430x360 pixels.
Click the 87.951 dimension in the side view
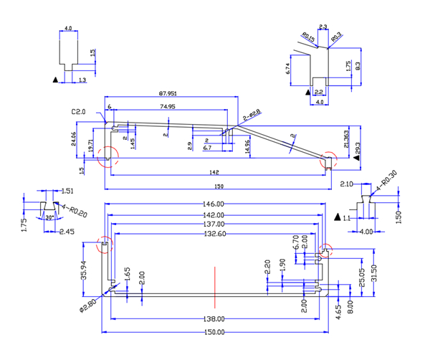pyautogui.click(x=168, y=94)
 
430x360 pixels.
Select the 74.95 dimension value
pyautogui.click(x=168, y=106)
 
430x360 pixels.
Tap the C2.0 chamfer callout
pyautogui.click(x=78, y=113)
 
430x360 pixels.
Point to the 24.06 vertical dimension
pyautogui.click(x=74, y=140)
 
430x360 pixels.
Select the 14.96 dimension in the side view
pyautogui.click(x=248, y=146)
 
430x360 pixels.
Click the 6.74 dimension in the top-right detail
pyautogui.click(x=288, y=69)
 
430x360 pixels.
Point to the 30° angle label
pyautogui.click(x=49, y=217)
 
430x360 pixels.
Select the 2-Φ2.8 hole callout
pyautogui.click(x=252, y=113)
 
